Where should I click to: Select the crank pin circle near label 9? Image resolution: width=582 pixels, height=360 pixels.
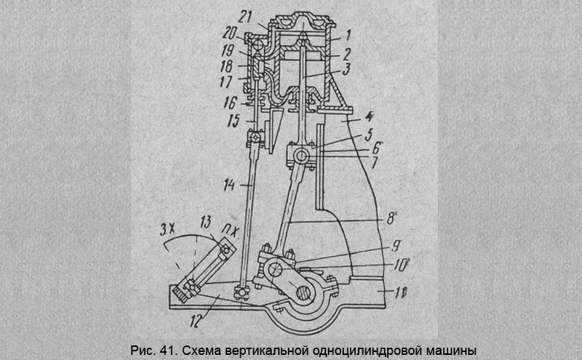point(276,270)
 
